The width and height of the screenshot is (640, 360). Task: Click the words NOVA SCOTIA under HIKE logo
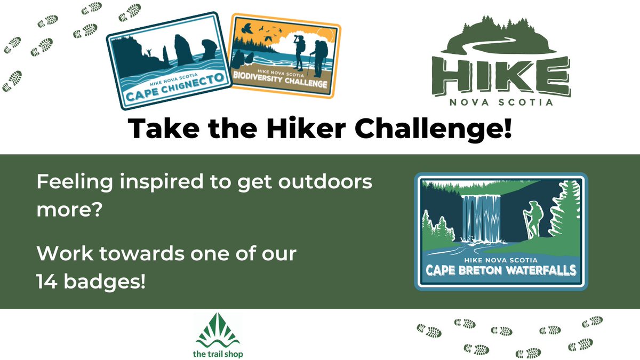point(507,102)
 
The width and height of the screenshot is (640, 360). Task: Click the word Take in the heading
point(160,130)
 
